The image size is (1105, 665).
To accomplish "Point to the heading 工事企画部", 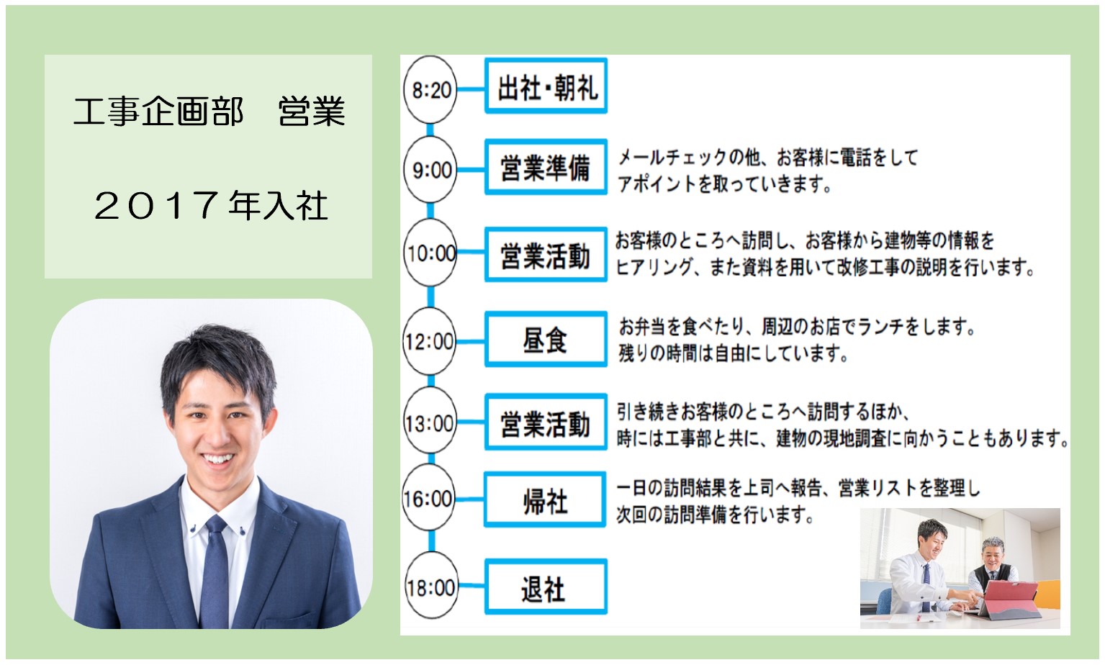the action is (x=158, y=111).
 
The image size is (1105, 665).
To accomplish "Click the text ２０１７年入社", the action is (x=211, y=206).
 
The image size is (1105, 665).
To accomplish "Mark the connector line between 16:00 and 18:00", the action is (x=432, y=541).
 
